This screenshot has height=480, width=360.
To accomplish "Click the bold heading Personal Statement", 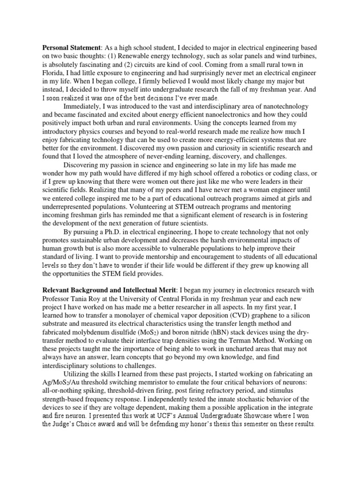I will (x=72, y=48).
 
